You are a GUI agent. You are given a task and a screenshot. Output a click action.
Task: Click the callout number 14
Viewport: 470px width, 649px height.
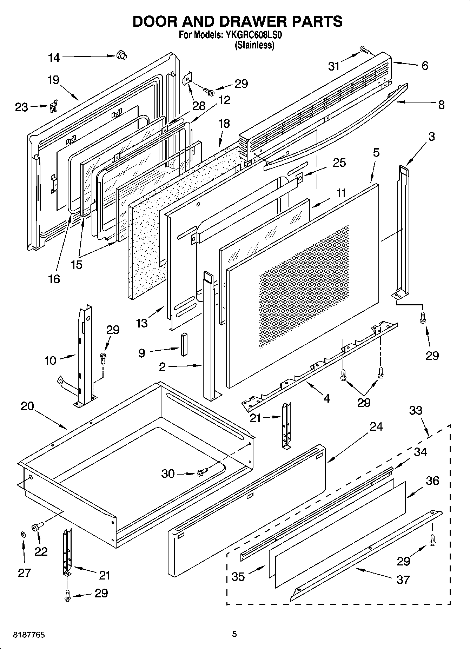54,58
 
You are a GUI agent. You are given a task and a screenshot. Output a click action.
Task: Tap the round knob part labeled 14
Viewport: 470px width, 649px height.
121,55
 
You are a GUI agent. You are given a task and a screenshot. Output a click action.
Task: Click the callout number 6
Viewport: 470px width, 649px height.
425,66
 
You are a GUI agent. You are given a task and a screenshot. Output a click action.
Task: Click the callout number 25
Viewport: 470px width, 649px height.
339,163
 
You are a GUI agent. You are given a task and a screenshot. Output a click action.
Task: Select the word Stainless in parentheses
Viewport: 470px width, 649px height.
254,45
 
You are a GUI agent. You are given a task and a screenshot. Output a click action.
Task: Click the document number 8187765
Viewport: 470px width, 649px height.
29,635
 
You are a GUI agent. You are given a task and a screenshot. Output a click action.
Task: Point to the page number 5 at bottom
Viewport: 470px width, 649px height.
234,634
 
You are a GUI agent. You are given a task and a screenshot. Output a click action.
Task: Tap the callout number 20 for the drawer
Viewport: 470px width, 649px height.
27,406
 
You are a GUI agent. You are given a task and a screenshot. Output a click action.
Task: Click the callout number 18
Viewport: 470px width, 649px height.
224,123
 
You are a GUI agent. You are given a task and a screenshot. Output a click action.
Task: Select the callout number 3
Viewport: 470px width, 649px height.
431,136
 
